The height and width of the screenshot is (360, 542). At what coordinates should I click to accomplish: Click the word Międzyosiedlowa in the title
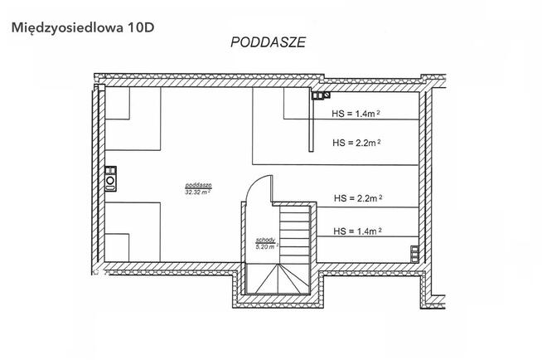tap(67, 27)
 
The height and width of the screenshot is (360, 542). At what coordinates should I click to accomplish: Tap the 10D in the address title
tap(141, 27)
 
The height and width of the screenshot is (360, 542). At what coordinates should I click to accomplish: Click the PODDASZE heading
tap(268, 42)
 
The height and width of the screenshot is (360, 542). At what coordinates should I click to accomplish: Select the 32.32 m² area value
tap(198, 192)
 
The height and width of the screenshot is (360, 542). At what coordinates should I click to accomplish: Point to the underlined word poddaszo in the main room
tap(198, 185)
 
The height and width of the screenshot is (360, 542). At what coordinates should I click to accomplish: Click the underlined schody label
tap(265, 240)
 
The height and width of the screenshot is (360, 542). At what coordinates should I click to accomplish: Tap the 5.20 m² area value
tap(267, 247)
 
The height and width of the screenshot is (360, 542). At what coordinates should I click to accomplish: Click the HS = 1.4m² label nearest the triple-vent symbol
tap(356, 114)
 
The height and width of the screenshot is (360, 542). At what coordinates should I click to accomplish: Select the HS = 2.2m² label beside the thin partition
tap(356, 143)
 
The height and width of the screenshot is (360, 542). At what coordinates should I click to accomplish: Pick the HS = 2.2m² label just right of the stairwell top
tap(358, 198)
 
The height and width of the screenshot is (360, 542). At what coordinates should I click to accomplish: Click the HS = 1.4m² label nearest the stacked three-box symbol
tap(357, 231)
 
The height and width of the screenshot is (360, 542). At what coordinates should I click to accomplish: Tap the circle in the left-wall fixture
tap(110, 181)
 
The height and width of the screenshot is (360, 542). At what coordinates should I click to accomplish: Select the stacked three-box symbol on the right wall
tap(414, 254)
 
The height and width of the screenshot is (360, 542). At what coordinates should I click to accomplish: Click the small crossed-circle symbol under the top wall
tap(326, 95)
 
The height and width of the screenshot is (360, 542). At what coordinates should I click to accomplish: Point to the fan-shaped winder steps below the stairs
tap(278, 279)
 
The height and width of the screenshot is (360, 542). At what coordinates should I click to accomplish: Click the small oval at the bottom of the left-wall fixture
tap(110, 188)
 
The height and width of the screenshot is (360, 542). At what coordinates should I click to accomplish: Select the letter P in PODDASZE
tap(235, 42)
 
